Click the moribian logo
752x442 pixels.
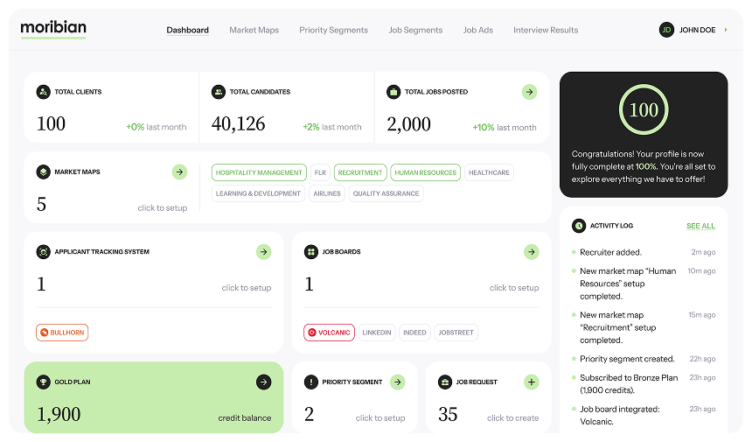coord(53,28)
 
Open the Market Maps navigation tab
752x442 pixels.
coord(254,30)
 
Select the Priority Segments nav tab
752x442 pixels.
coord(333,30)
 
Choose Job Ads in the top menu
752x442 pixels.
coord(478,30)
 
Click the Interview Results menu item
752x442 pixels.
coord(546,30)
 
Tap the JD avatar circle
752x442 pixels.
coord(666,30)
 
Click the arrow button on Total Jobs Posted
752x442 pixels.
coord(529,92)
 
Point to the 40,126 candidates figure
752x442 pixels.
coord(238,124)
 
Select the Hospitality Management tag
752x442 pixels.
coord(260,172)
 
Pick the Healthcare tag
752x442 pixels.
coord(489,172)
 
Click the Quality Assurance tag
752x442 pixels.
coord(386,193)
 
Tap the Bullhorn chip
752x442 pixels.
coord(62,333)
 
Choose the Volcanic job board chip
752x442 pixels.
coord(329,333)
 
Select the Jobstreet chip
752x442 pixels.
coord(456,333)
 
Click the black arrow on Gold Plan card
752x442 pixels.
coord(263,382)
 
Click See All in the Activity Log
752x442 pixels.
coord(700,226)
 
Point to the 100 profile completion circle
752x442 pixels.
coord(644,110)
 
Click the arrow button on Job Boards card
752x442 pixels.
coord(531,252)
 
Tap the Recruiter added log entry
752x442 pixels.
coord(610,252)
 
